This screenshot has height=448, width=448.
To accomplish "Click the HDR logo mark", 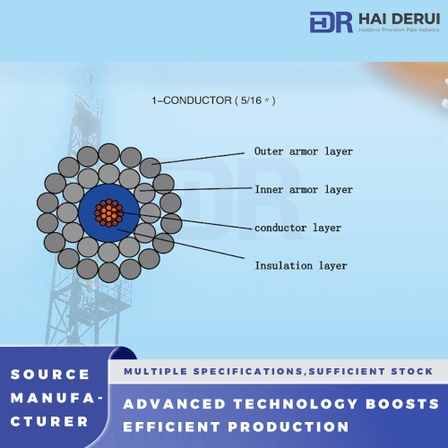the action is tap(331, 22).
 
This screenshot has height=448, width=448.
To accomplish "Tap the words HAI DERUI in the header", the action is tap(400, 19).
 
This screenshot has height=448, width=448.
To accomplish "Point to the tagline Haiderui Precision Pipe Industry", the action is tap(400, 30).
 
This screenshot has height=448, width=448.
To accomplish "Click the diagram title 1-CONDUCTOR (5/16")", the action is tap(213, 100).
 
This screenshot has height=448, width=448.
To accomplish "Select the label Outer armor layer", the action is tap(304, 151).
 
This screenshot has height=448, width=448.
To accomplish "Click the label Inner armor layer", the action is tap(304, 189).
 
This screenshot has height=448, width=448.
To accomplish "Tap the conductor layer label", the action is tap(297, 228).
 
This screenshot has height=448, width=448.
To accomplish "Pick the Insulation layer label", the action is tap(301, 265).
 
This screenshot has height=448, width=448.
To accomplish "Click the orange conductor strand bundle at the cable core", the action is tap(108, 213).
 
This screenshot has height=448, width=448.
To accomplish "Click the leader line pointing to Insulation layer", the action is tap(181, 244).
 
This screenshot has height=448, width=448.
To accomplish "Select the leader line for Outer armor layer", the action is tap(198, 159).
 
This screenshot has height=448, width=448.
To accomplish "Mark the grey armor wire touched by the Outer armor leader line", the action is tap(151, 168).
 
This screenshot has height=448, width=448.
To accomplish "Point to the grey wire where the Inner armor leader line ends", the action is tap(144, 194).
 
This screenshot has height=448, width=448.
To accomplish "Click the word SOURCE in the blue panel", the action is tap(50, 375).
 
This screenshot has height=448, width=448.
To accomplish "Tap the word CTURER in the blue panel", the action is tap(49, 422).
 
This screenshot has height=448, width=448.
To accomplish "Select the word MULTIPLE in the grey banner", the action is tap(156, 371).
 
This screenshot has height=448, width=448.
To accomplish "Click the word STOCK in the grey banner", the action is tap(412, 371).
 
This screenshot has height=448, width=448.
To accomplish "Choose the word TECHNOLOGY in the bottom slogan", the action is tap(296, 404).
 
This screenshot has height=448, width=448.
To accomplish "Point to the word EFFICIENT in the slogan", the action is tap(172, 426).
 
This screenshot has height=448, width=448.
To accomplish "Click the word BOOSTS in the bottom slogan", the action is tap(402, 404).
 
